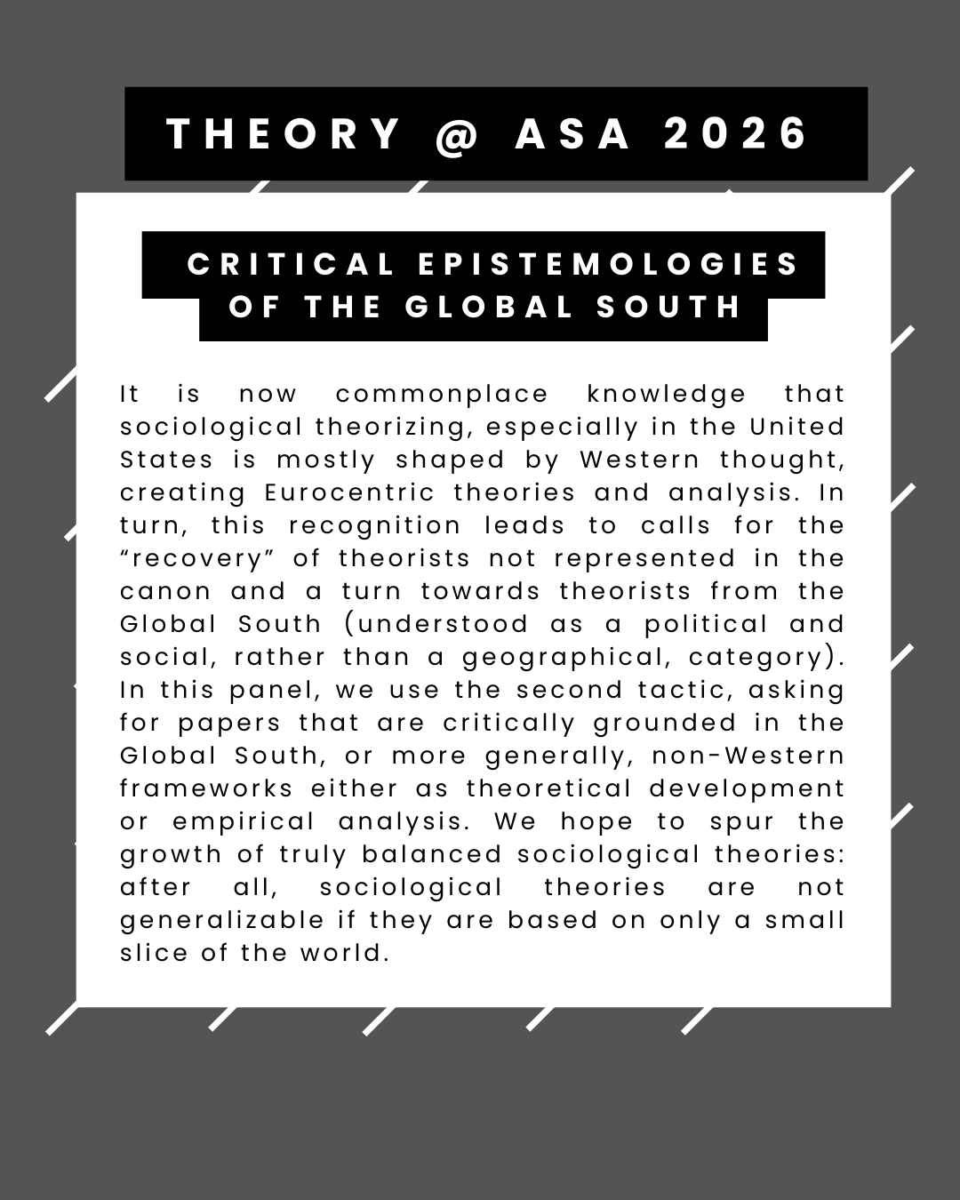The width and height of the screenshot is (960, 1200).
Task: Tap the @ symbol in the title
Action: pos(458,134)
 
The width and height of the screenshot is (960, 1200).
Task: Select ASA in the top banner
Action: pos(573,134)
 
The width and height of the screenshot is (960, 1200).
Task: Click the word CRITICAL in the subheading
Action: pos(291,264)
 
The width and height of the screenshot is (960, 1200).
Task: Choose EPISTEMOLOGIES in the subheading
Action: pos(608,264)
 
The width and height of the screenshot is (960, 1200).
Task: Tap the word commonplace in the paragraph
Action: pos(442,394)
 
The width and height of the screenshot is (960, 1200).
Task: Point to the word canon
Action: pos(165,591)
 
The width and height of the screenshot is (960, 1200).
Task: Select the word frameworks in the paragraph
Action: pos(206,788)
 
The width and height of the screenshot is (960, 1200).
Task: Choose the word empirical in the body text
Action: pos(244,821)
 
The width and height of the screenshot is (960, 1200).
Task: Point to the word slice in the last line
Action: pos(154,953)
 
